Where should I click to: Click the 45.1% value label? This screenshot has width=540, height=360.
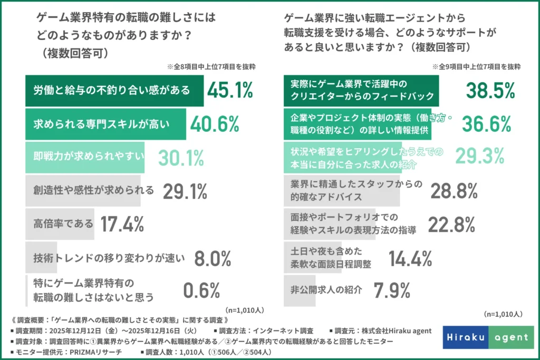tap(230, 91)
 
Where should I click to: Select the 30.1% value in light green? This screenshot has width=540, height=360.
tap(181, 158)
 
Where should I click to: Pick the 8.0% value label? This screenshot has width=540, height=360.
tap(213, 258)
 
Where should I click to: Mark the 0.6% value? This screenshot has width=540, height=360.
tap(201, 290)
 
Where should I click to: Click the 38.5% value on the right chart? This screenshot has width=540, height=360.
tap(490, 91)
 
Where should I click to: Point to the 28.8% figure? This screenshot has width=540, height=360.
tap(454, 191)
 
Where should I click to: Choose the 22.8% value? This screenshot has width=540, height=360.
tap(451, 224)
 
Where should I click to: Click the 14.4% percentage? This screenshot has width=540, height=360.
tap(410, 258)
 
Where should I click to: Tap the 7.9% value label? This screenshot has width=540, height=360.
tap(391, 290)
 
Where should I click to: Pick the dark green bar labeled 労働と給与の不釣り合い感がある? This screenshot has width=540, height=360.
tap(114, 91)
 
